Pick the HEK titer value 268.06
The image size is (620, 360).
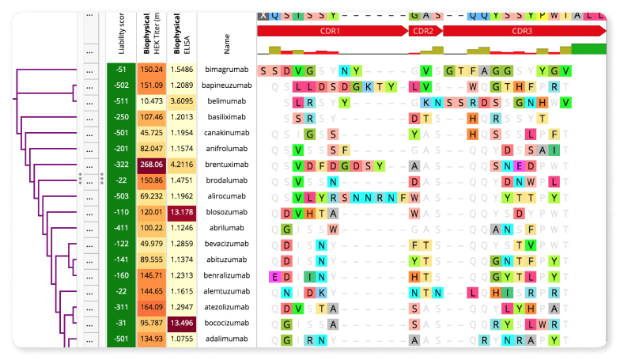151,165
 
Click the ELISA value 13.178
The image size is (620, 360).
182,212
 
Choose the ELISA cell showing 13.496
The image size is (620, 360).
182,323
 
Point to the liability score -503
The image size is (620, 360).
121,196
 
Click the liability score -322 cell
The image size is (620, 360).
121,165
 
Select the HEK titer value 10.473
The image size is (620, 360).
151,101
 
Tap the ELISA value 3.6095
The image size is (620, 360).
182,101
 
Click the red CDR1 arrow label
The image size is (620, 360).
331,31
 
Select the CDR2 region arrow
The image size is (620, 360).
423,31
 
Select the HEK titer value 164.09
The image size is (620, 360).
151,307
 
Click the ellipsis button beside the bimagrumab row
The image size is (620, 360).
90,70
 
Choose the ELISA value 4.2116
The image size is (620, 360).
182,165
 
